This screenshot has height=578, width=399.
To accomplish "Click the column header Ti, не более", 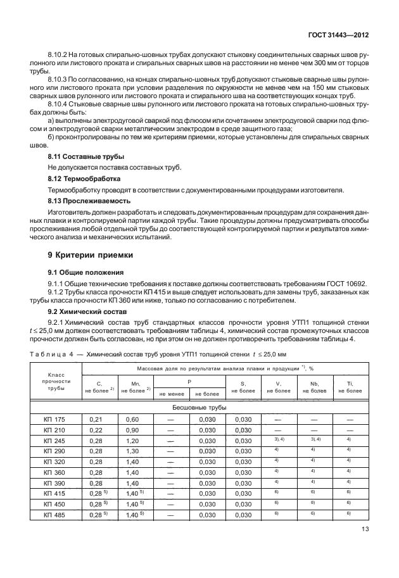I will coord(350,387).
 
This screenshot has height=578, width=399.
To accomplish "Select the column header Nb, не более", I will coord(313,387).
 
